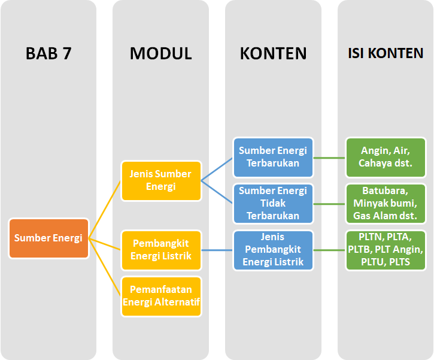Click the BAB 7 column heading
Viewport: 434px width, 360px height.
coord(48,53)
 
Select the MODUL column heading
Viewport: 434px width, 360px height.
coord(160,53)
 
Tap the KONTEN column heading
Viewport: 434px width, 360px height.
coord(273,53)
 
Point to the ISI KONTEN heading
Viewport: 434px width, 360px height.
coord(386,53)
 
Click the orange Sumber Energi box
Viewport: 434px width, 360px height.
coord(48,238)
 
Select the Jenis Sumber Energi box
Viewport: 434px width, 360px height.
coord(160,180)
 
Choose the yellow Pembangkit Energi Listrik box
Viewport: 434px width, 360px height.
coord(160,250)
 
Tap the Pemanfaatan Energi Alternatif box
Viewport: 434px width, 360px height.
coord(160,296)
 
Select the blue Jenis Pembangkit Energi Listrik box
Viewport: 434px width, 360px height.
coord(273,250)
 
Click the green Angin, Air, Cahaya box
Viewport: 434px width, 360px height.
coord(386,158)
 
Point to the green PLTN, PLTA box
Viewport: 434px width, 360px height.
coord(386,250)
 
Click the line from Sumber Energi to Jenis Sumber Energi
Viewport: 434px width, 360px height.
coord(105,209)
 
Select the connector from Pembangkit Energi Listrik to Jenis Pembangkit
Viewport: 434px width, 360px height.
coord(217,250)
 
